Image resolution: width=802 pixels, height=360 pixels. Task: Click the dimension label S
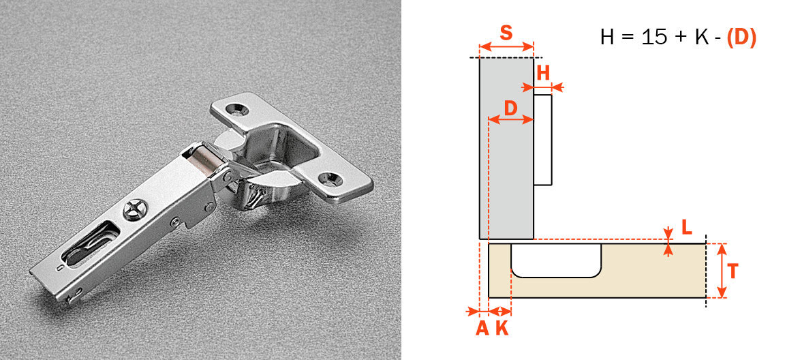click(506, 32)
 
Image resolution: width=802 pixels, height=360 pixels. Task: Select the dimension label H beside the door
click(543, 72)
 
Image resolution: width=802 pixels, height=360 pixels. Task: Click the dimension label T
click(732, 271)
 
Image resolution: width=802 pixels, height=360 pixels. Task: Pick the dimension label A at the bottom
click(481, 328)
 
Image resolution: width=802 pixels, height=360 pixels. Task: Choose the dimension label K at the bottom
click(502, 328)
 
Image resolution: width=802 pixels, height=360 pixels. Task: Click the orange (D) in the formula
click(741, 37)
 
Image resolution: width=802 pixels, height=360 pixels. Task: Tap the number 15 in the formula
click(656, 37)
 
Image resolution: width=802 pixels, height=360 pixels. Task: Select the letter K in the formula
click(701, 37)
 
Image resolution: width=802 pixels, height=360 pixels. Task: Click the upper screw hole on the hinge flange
click(239, 108)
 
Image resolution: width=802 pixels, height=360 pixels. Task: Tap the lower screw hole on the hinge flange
click(333, 179)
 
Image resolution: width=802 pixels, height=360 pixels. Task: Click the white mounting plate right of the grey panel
click(542, 140)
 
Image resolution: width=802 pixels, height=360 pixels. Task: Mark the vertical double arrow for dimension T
click(723, 271)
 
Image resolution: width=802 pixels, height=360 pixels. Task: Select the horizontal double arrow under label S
click(506, 47)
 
